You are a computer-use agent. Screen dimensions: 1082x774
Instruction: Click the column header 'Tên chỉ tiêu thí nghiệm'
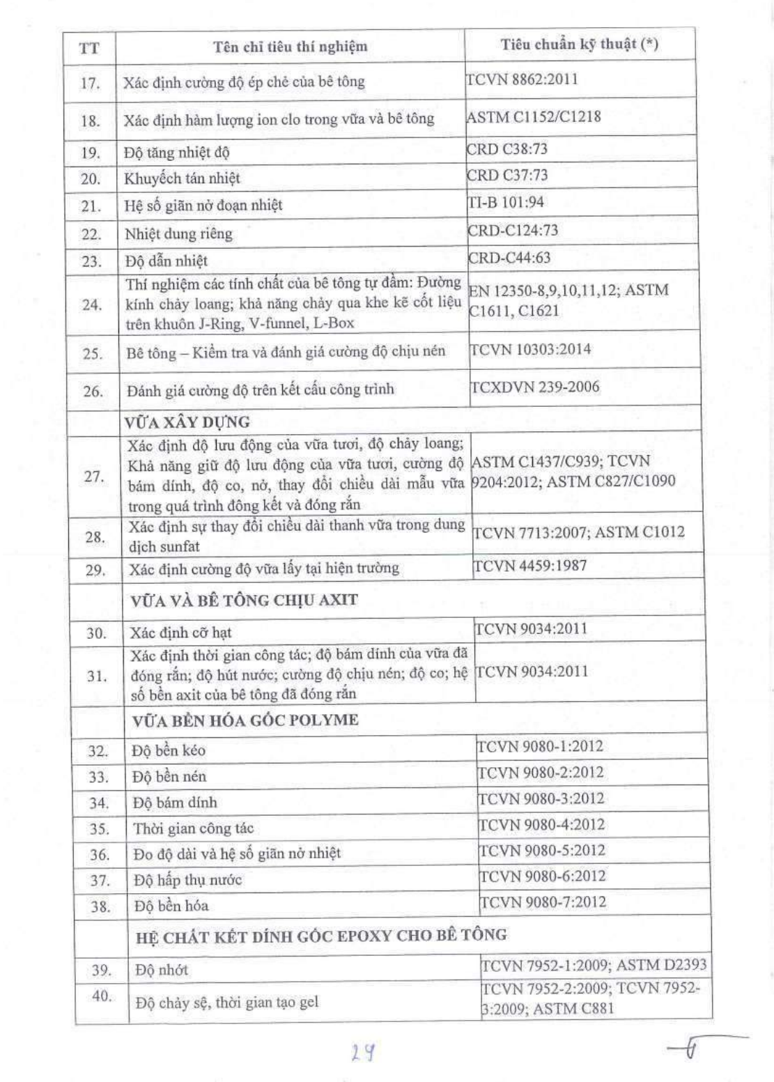tap(290, 47)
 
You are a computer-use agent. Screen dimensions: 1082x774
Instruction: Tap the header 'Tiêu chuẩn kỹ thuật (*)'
tap(579, 45)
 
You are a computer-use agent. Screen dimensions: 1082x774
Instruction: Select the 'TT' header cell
tap(89, 49)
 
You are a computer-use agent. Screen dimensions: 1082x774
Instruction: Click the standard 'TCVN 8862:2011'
tap(522, 79)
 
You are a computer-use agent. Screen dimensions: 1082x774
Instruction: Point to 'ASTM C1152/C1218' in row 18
tap(534, 116)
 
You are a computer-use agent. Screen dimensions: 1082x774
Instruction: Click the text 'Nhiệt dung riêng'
tap(178, 233)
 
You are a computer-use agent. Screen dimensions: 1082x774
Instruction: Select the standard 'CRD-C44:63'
tap(509, 258)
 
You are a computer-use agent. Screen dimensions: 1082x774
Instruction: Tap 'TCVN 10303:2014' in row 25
tap(530, 349)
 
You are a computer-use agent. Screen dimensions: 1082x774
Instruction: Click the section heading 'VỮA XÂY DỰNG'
tap(187, 422)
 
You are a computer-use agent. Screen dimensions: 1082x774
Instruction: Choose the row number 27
tap(94, 477)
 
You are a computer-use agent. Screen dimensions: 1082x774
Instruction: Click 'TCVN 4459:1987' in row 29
tap(530, 566)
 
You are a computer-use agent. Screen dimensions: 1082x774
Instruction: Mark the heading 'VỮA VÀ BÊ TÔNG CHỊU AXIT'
tap(244, 600)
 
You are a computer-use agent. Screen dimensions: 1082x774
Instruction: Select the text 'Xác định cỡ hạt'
tap(180, 633)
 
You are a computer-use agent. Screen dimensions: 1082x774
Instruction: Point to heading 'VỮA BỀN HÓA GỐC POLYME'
tap(245, 720)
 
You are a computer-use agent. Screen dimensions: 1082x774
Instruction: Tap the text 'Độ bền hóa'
tap(171, 906)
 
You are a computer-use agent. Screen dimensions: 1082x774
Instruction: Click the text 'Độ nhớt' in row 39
tap(162, 970)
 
